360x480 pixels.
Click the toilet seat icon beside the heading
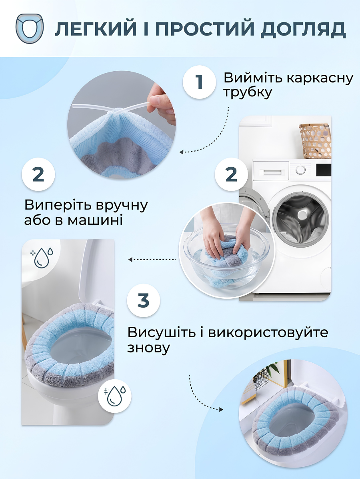(x=29, y=28)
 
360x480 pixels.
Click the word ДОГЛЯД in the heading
(x=303, y=29)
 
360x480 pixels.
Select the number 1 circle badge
(x=199, y=82)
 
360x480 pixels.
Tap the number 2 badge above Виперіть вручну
(x=38, y=174)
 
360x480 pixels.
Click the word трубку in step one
(x=248, y=93)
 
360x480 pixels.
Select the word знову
(x=148, y=348)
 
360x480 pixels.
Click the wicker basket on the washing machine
(x=315, y=141)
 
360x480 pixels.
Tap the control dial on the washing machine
(x=301, y=169)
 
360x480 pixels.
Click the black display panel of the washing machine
(x=324, y=170)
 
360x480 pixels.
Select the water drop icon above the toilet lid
(x=42, y=256)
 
